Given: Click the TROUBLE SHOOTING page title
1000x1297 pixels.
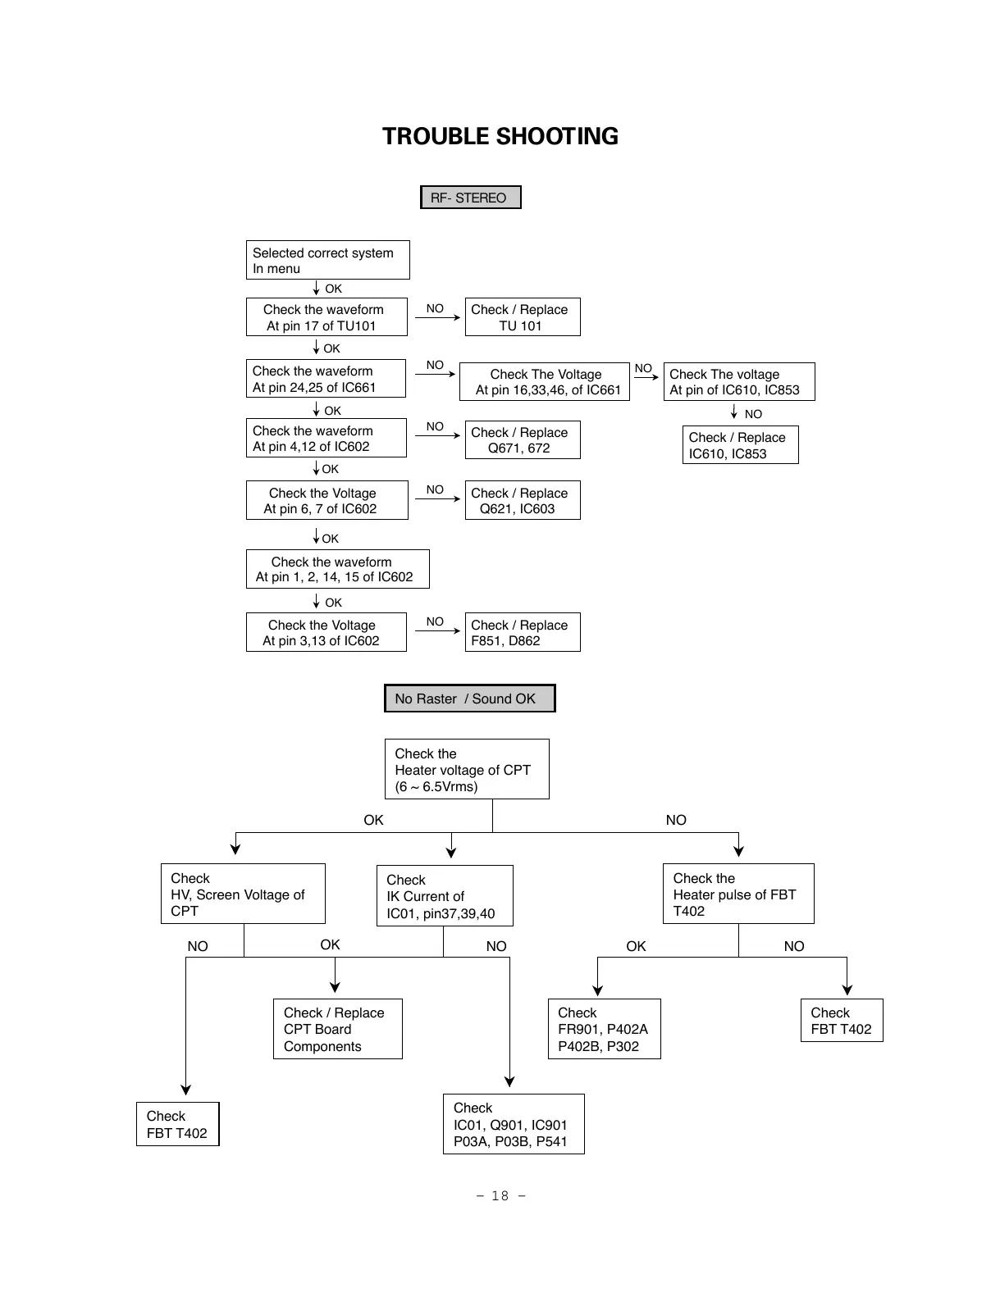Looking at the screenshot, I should pos(500,136).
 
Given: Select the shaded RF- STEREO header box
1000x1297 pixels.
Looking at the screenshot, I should pos(470,198).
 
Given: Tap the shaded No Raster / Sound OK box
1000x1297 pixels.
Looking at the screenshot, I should pos(469,699).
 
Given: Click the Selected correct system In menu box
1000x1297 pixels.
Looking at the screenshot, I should pos(327,260).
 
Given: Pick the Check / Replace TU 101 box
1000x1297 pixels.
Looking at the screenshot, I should pos(522,317).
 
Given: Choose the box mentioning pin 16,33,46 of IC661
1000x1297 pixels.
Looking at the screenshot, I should pos(544,382).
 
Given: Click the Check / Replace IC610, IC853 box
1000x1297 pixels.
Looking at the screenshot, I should pos(740,445).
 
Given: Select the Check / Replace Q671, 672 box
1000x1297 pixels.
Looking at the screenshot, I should pos(522,440).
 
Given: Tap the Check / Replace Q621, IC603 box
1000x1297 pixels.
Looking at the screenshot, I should pos(522,500).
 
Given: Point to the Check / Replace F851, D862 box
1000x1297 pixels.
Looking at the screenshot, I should pos(522,632).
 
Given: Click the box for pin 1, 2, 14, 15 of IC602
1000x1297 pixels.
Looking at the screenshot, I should pos(337,569).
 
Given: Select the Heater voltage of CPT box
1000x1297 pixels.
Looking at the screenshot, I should pos(466,769).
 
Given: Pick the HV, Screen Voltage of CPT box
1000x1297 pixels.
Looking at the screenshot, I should pos(243,894).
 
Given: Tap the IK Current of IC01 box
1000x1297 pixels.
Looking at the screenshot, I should pos(444,896).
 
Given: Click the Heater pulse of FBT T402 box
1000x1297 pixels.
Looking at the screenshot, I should pos(737,894).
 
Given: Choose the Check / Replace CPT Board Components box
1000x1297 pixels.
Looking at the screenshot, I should pos(337,1029).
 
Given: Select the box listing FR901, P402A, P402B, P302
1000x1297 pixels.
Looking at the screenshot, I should pos(604,1029).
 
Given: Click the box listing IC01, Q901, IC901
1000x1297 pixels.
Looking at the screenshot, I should pos(513,1124).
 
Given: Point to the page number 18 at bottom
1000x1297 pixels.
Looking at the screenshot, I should pos(500,1196).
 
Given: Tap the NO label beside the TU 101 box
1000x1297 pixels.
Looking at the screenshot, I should pos(435,309).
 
